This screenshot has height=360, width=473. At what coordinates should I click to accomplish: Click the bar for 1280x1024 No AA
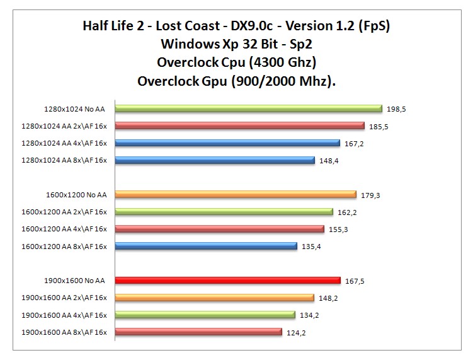pyautogui.click(x=248, y=108)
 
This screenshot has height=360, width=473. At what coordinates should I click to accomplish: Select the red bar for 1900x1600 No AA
pyautogui.click(x=227, y=281)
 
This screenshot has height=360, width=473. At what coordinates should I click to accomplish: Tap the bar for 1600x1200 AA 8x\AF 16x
pyautogui.click(x=205, y=246)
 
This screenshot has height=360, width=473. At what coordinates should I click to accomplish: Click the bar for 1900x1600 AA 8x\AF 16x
pyautogui.click(x=198, y=332)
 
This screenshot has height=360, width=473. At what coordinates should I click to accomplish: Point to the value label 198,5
pyautogui.click(x=396, y=109)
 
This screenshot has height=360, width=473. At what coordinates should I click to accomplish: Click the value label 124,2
pyautogui.click(x=295, y=332)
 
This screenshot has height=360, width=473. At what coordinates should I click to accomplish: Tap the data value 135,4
pyautogui.click(x=311, y=247)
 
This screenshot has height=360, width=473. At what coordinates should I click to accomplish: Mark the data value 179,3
pyautogui.click(x=370, y=195)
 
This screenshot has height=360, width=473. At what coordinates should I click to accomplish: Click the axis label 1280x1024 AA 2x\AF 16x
pyautogui.click(x=64, y=126)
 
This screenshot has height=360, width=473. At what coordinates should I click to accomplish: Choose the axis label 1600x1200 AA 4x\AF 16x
pyautogui.click(x=64, y=229)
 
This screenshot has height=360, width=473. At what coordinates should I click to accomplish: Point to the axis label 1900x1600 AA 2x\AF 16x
pyautogui.click(x=64, y=298)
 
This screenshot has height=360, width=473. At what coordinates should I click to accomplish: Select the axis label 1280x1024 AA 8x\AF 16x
pyautogui.click(x=64, y=160)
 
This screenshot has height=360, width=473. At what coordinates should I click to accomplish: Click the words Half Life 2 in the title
pyautogui.click(x=114, y=26)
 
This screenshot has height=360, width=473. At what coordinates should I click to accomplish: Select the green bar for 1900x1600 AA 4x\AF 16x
pyautogui.click(x=205, y=315)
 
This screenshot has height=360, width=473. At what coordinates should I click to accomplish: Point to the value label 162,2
pyautogui.click(x=347, y=212)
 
